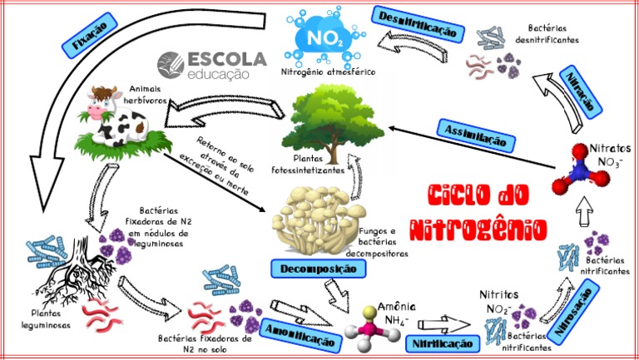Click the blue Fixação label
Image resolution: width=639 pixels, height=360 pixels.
(x=89, y=36)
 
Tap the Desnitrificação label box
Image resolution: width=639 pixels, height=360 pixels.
(x=419, y=24)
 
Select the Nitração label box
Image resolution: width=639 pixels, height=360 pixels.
(x=581, y=92)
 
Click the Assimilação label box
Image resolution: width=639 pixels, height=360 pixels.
(x=476, y=136)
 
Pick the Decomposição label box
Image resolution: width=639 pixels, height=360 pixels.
(x=319, y=269)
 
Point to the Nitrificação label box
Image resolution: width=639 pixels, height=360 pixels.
(x=443, y=344)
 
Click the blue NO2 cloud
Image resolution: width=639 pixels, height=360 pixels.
(x=324, y=37)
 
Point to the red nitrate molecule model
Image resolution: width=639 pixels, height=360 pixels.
(x=580, y=169)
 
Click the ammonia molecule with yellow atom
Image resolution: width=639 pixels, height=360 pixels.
(x=371, y=328)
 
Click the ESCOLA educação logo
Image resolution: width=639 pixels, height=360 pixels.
(x=212, y=65)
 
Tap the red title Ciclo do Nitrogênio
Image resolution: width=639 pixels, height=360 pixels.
(x=478, y=212)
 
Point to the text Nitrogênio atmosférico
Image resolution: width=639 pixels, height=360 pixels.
(x=328, y=72)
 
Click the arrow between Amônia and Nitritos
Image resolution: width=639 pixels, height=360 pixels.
(x=443, y=324)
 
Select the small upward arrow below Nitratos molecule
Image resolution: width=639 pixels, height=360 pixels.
(x=585, y=211)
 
